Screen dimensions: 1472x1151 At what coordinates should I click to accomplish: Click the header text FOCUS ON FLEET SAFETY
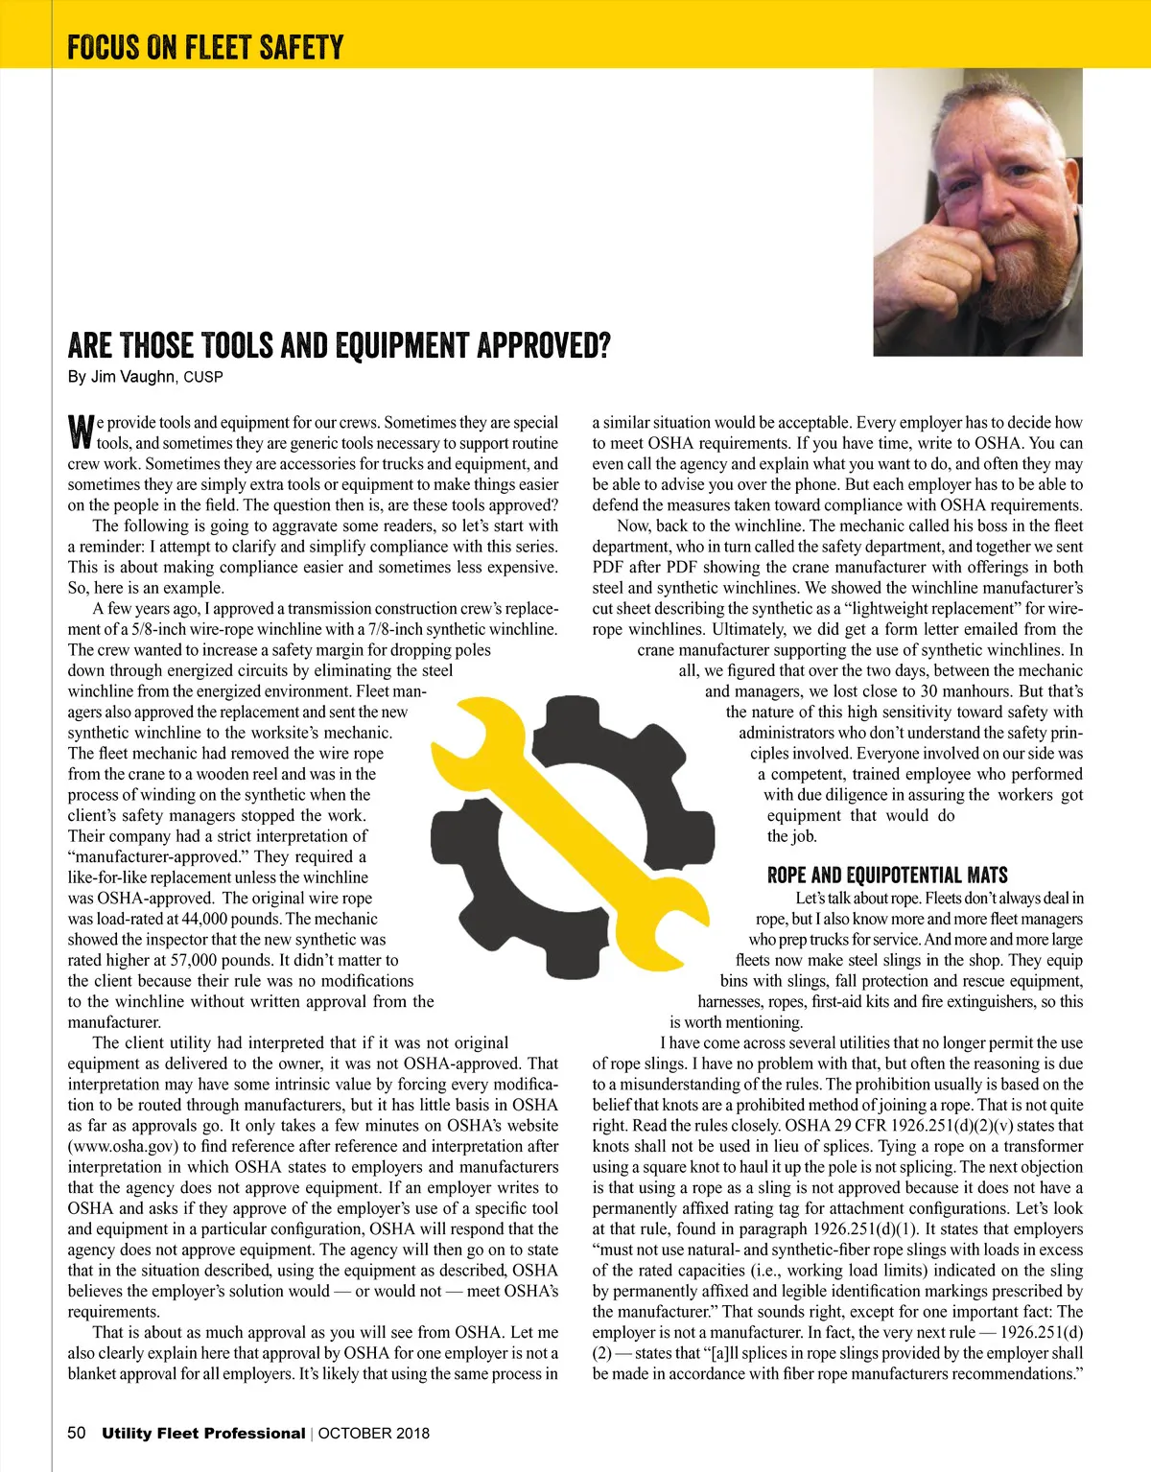tap(205, 47)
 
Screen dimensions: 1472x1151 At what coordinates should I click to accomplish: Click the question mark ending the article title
tap(602, 345)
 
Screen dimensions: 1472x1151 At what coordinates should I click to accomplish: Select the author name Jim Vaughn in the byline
tap(133, 377)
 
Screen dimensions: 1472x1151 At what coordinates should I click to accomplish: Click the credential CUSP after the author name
tap(203, 378)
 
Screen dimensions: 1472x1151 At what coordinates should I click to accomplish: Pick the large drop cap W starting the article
tap(81, 432)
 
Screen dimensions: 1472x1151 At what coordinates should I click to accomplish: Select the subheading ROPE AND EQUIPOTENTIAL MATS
tap(887, 875)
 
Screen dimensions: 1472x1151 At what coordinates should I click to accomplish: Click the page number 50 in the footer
tap(77, 1433)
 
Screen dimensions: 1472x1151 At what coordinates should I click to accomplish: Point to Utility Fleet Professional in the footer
tap(203, 1433)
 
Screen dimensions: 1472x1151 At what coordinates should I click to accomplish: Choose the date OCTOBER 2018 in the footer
tap(374, 1434)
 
